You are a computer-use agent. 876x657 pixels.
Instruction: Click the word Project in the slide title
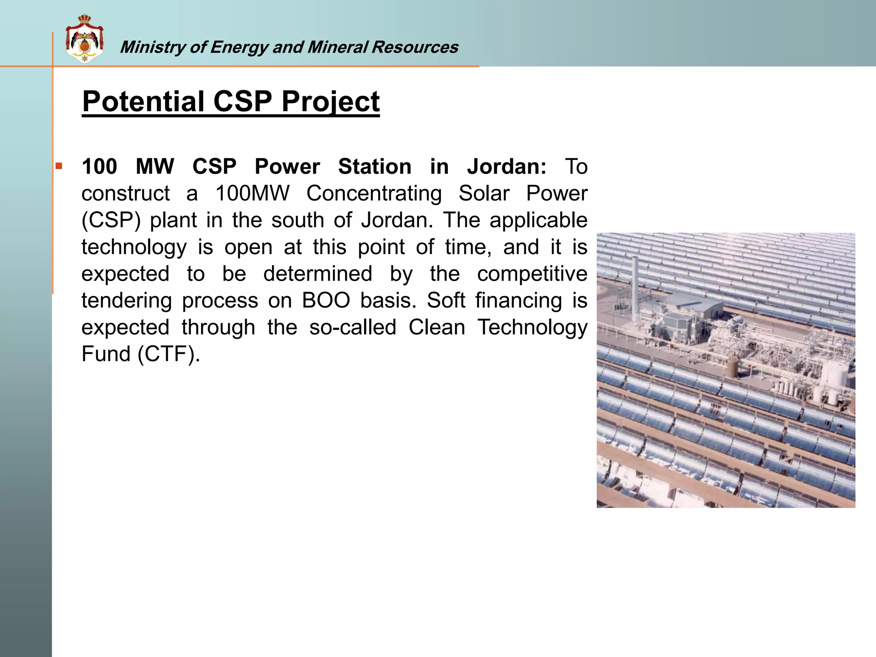(x=330, y=102)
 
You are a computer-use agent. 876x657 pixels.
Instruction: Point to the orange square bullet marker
(x=59, y=166)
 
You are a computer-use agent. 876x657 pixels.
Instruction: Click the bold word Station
(x=374, y=166)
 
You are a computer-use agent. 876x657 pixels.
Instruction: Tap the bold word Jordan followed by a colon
(x=506, y=166)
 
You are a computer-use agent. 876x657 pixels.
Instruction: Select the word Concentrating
(x=374, y=193)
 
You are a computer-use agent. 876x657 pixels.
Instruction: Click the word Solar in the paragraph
(x=484, y=193)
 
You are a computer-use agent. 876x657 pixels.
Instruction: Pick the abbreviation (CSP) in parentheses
(x=111, y=220)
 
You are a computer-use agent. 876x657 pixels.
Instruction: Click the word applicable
(x=538, y=220)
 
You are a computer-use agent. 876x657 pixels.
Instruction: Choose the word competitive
(x=532, y=274)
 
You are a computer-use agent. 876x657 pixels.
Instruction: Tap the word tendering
(x=127, y=301)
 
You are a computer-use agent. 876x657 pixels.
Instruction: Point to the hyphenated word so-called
(x=353, y=328)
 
